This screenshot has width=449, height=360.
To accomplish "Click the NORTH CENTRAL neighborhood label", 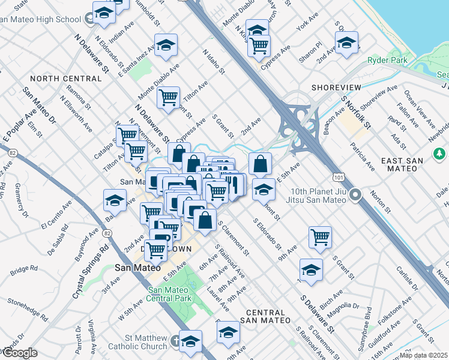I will [x=65, y=79].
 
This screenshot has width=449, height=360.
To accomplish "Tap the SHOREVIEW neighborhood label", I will [x=336, y=88].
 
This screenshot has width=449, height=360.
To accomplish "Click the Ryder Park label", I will [x=387, y=60].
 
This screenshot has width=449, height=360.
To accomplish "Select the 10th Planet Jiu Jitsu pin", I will [x=355, y=194].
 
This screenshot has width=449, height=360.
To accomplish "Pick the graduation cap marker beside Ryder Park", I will [x=346, y=43].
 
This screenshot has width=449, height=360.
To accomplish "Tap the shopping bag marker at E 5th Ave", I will [x=260, y=163].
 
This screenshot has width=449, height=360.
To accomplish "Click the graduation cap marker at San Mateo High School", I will [x=104, y=13].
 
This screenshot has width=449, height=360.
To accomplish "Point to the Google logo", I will [x=19, y=353].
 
